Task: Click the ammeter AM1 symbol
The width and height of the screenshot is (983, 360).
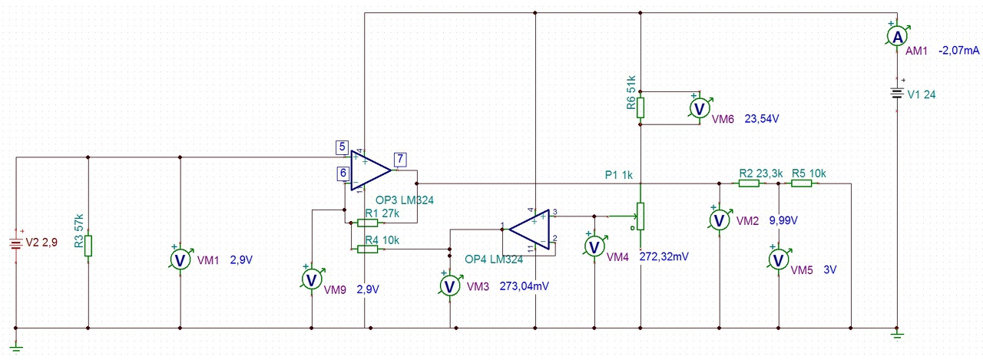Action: [x=898, y=37]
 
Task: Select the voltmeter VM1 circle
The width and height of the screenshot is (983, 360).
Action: [x=180, y=260]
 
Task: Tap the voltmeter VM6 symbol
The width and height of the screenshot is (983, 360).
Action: [x=700, y=108]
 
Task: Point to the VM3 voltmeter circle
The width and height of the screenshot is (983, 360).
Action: [x=450, y=286]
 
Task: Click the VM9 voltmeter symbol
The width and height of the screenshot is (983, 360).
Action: [x=312, y=279]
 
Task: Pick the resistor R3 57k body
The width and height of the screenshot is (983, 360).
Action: [x=88, y=246]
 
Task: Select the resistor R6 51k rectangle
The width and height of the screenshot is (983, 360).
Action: [x=640, y=107]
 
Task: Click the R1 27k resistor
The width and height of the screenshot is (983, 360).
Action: [x=367, y=223]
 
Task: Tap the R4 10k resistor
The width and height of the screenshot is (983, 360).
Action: [x=367, y=249]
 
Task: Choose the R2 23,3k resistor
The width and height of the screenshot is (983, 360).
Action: [x=749, y=183]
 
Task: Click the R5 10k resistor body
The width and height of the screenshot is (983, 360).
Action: [x=801, y=183]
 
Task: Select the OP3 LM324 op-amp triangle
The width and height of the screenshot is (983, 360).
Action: [x=370, y=170]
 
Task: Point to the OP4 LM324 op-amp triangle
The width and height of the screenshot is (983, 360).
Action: [x=529, y=230]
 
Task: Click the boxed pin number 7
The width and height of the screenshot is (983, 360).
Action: [x=400, y=159]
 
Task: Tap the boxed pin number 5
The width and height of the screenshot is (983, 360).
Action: [x=343, y=147]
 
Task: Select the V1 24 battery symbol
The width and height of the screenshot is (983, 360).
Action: [x=897, y=94]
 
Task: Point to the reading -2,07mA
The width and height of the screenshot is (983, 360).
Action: [x=959, y=51]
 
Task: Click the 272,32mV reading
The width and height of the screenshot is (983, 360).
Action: [x=664, y=256]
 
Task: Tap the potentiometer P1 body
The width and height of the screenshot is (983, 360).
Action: [x=640, y=216]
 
